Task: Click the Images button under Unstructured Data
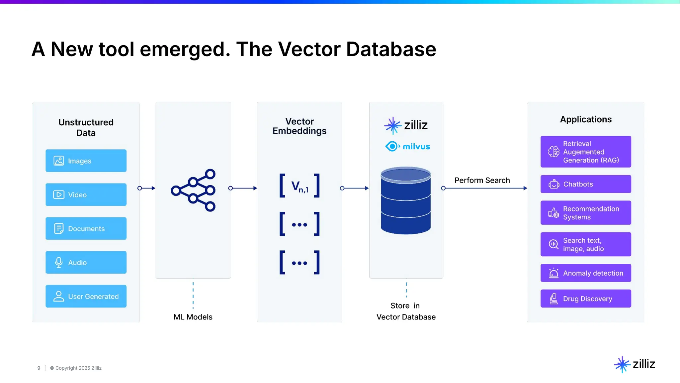pyautogui.click(x=86, y=161)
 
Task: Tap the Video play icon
pyautogui.click(x=59, y=194)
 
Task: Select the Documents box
pyautogui.click(x=86, y=228)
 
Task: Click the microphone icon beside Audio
pyautogui.click(x=59, y=262)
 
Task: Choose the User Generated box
pyautogui.click(x=86, y=296)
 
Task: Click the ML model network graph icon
pyautogui.click(x=193, y=190)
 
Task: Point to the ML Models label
pyautogui.click(x=193, y=317)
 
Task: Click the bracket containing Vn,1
pyautogui.click(x=299, y=186)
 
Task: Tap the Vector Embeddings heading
pyautogui.click(x=299, y=126)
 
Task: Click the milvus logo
pyautogui.click(x=407, y=146)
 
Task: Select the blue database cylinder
pyautogui.click(x=406, y=201)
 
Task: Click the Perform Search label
pyautogui.click(x=482, y=180)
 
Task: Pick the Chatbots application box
pyautogui.click(x=586, y=184)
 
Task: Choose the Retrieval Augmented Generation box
pyautogui.click(x=586, y=152)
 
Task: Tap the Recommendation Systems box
pyautogui.click(x=586, y=213)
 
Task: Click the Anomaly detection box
pyautogui.click(x=586, y=273)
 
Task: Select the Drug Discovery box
pyautogui.click(x=586, y=299)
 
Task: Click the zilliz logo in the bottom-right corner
pyautogui.click(x=635, y=364)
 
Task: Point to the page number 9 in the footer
pyautogui.click(x=39, y=368)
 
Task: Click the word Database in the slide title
pyautogui.click(x=391, y=49)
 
